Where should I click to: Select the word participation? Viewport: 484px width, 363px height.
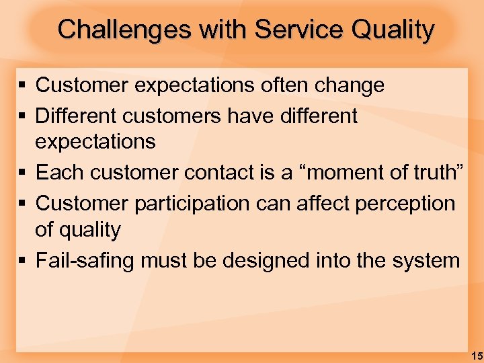pyautogui.click(x=191, y=203)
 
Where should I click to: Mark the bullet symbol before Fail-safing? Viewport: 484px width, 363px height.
pyautogui.click(x=22, y=260)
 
